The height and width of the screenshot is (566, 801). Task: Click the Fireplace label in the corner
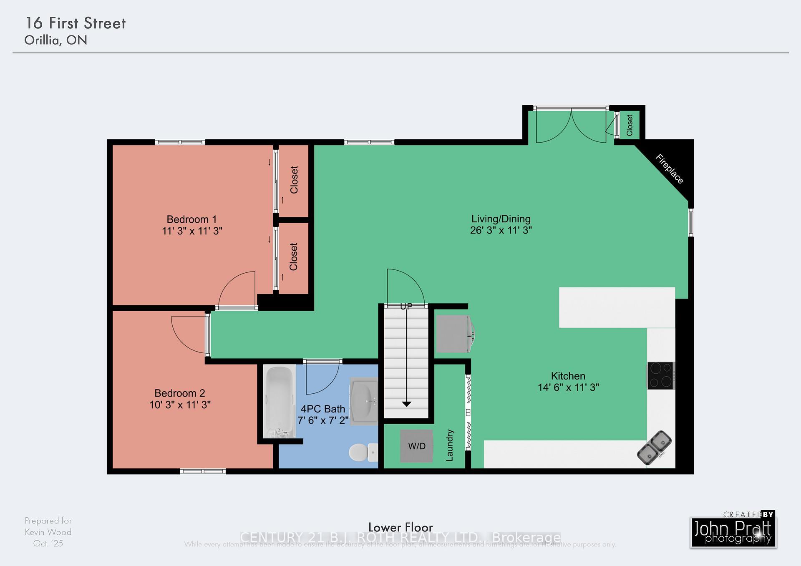669,169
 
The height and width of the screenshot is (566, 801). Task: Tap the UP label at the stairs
406,307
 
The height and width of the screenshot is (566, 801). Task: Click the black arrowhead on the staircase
406,404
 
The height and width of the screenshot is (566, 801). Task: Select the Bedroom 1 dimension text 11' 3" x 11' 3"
192,231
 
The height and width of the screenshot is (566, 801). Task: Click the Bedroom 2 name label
179,393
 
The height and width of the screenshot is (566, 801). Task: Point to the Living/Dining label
501,219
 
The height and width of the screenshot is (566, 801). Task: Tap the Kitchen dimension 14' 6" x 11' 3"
568,387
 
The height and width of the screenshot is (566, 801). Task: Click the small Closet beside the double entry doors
629,125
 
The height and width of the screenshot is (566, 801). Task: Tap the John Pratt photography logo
733,531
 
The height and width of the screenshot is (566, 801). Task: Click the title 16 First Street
76,23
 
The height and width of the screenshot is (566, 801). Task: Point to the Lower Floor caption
400,527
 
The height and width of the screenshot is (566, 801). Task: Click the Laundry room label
449,445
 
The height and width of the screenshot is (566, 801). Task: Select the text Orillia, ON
55,40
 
